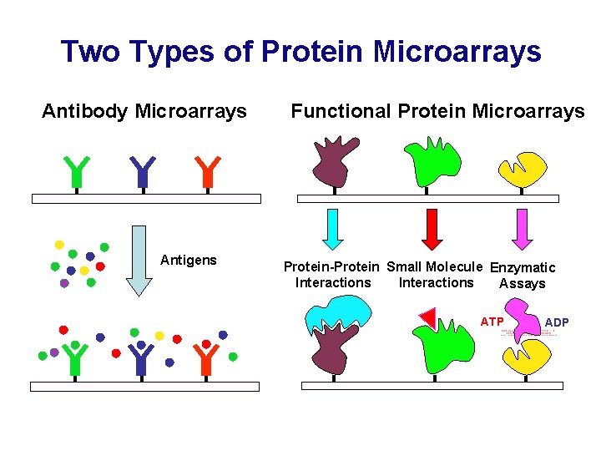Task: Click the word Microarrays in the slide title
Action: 457,52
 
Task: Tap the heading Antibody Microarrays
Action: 144,111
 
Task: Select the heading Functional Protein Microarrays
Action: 437,111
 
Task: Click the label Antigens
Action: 188,261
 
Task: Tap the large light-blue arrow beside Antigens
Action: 139,260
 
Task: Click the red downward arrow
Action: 432,229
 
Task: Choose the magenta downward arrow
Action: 522,229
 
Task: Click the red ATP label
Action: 492,322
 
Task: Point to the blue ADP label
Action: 557,322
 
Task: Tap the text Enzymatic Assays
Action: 523,276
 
